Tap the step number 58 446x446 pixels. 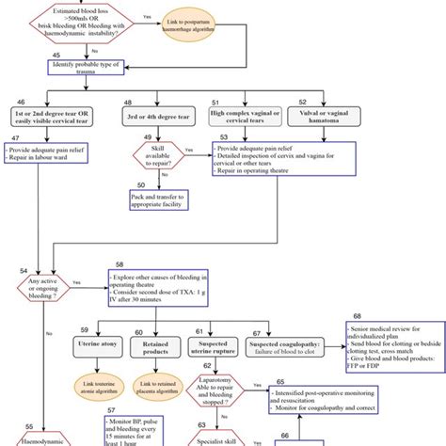click(x=119, y=266)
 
